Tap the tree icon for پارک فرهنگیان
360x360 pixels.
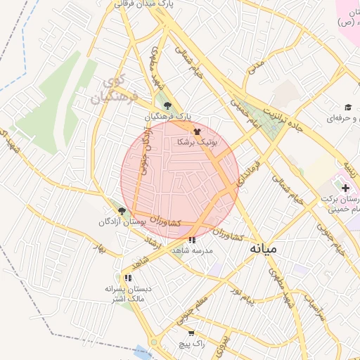[x=166, y=105]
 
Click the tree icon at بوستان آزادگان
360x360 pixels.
[x=122, y=210]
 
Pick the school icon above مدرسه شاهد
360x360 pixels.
[x=192, y=240]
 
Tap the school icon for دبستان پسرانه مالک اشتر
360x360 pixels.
[x=127, y=278]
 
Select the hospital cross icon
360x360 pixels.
[x=345, y=188]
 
